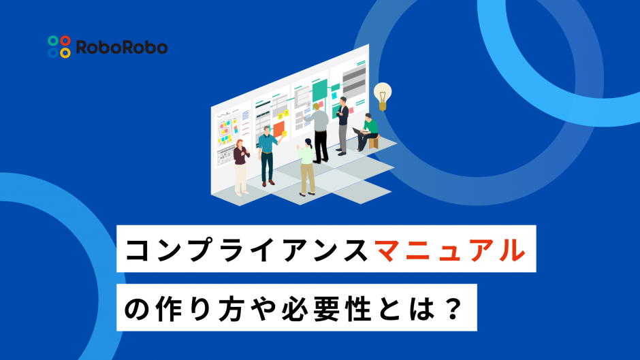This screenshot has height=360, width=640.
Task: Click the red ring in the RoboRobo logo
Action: pyautogui.click(x=65, y=40)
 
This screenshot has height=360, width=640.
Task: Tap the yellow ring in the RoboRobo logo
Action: pyautogui.click(x=65, y=52)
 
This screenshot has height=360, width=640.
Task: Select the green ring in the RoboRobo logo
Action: pyautogui.click(x=53, y=40)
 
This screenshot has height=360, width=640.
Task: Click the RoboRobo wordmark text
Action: pyautogui.click(x=122, y=48)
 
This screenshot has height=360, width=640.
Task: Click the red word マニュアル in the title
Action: pyautogui.click(x=450, y=250)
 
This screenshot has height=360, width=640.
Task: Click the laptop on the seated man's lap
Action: pyautogui.click(x=358, y=131)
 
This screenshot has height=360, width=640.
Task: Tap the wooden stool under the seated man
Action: pyautogui.click(x=374, y=142)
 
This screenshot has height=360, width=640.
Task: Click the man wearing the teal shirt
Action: pyautogui.click(x=268, y=156)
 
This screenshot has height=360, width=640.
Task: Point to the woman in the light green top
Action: pyautogui.click(x=307, y=167)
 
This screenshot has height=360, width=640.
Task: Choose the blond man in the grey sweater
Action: pyautogui.click(x=319, y=133)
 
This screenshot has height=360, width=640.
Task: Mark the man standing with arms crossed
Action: pyautogui.click(x=342, y=126)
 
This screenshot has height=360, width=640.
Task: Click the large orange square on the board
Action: pyautogui.click(x=278, y=129)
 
